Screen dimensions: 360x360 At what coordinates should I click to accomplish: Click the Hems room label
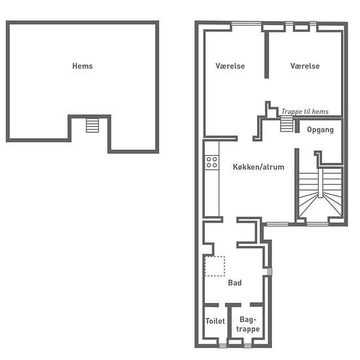pos(82,66)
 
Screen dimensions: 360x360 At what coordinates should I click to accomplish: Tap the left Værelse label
pos(230,66)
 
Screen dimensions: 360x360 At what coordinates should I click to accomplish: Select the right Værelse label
pos(305,66)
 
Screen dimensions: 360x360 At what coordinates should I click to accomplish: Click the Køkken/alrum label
pos(259,167)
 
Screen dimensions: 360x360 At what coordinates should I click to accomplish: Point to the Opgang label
pos(320,130)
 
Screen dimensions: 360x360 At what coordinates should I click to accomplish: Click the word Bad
pos(234,283)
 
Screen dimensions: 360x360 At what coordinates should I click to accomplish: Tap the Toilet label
pos(215,321)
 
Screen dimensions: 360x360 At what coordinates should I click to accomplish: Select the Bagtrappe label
pos(248,324)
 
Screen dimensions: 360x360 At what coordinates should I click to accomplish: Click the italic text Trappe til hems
pos(305,112)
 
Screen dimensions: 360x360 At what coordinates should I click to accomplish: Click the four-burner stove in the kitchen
pos(211,162)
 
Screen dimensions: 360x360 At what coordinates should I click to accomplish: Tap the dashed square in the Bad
pos(215,266)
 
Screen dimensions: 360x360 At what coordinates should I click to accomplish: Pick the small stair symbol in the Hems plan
pos(92,126)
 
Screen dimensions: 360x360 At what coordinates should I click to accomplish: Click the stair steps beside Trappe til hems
pos(287,124)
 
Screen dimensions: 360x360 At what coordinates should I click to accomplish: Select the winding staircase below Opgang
pos(320,195)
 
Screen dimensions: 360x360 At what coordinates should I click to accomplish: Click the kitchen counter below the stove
pos(211,193)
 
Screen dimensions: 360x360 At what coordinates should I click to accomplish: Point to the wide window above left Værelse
pos(246,23)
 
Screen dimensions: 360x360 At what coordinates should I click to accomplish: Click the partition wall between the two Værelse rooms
pos(266,56)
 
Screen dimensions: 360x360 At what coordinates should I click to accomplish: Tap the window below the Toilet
pos(223,346)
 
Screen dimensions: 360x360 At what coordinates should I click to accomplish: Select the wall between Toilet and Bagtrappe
pos(229,322)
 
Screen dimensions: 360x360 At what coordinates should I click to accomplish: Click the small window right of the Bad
pos(270,272)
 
